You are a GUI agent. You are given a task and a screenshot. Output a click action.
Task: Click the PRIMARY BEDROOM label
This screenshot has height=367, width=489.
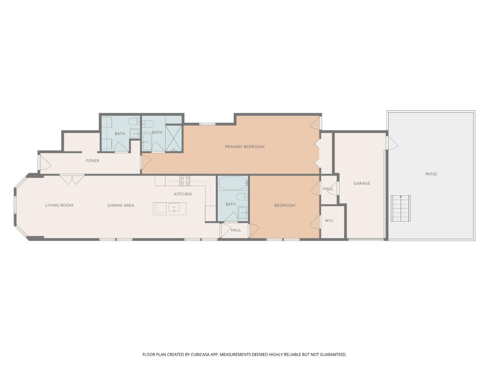[x=244, y=147]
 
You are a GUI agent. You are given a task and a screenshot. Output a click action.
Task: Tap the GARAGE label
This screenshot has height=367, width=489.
[x=362, y=183]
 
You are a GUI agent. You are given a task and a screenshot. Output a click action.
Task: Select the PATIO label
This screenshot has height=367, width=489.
[x=431, y=174]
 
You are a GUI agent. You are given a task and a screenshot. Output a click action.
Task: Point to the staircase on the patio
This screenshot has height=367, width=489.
[x=401, y=208]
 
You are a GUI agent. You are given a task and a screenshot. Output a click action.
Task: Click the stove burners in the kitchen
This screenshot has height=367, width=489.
[x=185, y=181]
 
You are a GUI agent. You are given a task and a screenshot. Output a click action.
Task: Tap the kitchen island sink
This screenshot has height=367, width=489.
[x=174, y=207]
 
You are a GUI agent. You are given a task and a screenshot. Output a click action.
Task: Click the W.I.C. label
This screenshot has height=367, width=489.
[x=329, y=221]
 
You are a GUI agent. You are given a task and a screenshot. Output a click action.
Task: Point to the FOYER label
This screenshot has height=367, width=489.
[x=92, y=161]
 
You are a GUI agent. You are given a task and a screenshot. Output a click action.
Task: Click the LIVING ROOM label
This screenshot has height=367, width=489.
[x=59, y=206]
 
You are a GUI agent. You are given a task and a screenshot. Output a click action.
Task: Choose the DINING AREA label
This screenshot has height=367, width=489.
[x=121, y=206]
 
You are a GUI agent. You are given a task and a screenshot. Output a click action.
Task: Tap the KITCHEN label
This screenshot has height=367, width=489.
[x=183, y=194]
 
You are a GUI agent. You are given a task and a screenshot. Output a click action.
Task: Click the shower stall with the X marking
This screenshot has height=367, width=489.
[x=174, y=139]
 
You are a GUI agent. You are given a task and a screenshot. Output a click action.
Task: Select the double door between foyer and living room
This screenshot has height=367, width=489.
[x=72, y=179]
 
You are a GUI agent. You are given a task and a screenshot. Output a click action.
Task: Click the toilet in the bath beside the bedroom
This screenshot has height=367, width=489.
[x=242, y=196]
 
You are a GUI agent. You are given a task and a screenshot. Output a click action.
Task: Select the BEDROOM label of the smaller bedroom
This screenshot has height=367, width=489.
[x=285, y=206]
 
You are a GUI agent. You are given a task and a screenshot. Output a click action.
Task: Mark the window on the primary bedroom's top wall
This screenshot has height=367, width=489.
[x=207, y=124]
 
